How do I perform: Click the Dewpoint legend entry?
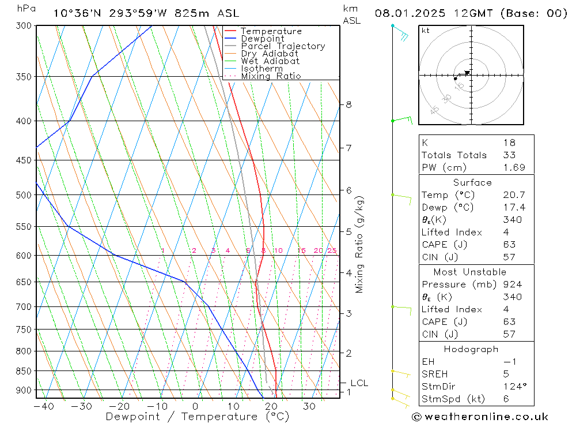point(263,39)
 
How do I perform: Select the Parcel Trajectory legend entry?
point(283,46)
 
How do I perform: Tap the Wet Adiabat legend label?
point(270,61)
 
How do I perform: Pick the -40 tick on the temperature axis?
point(44,406)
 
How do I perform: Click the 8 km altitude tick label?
point(348,104)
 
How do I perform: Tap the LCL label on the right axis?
point(359,383)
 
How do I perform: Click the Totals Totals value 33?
point(509,155)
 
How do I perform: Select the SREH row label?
point(434,374)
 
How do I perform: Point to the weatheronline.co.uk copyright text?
point(480,416)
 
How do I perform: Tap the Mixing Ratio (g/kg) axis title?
point(360,244)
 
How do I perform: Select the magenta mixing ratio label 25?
point(332,250)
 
